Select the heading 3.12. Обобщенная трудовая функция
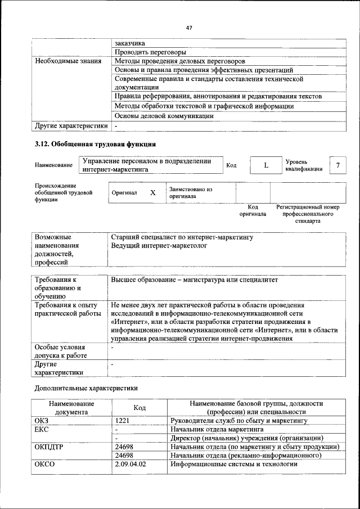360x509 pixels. click(95, 145)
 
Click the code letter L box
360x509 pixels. click(266, 165)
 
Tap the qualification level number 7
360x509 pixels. click(337, 165)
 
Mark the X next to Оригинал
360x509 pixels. click(152, 193)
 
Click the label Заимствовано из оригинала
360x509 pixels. click(190, 193)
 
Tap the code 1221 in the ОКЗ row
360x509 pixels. click(123, 420)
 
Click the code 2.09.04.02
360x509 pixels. click(130, 464)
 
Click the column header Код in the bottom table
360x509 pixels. click(139, 407)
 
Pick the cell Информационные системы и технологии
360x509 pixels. click(233, 464)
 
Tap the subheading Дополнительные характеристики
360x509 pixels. click(86, 388)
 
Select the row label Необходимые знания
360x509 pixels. click(68, 61)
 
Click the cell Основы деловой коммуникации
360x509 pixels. click(164, 116)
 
